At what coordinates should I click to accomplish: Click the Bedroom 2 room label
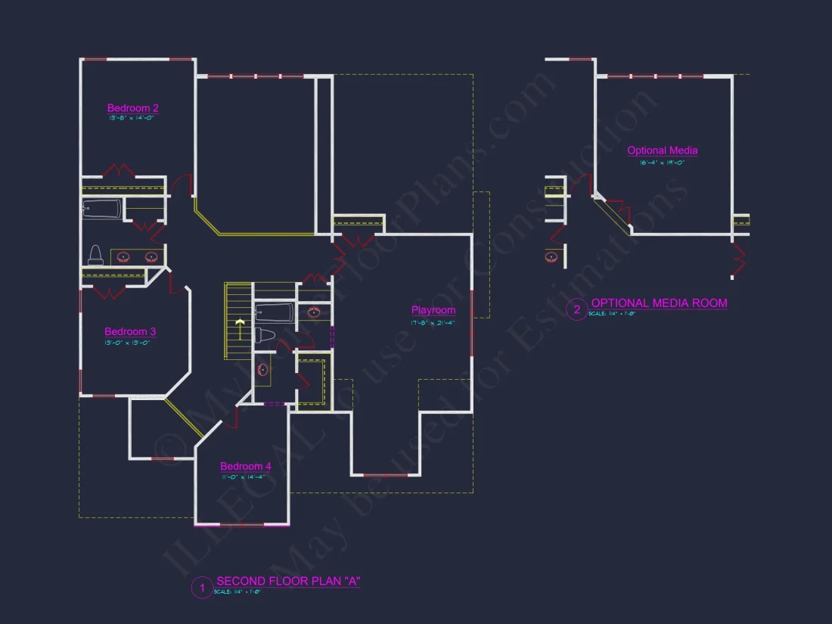(x=133, y=108)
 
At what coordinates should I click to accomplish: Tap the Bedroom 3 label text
(x=130, y=331)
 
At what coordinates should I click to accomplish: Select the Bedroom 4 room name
(x=246, y=467)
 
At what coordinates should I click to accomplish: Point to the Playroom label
(x=433, y=310)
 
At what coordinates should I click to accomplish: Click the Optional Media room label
(x=663, y=151)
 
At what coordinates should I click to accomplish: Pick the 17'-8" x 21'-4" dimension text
(x=433, y=323)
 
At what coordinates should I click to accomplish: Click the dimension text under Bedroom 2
(x=133, y=118)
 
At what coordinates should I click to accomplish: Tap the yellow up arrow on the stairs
(x=240, y=327)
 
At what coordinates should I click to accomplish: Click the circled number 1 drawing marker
(x=202, y=587)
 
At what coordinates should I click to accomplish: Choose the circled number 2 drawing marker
(x=576, y=309)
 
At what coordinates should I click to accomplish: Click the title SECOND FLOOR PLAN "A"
(x=288, y=581)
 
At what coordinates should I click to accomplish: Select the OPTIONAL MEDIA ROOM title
(x=659, y=303)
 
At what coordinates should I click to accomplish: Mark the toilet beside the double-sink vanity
(x=96, y=255)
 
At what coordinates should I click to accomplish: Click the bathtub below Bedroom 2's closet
(x=102, y=210)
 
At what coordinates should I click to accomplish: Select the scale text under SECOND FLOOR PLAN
(x=237, y=591)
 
